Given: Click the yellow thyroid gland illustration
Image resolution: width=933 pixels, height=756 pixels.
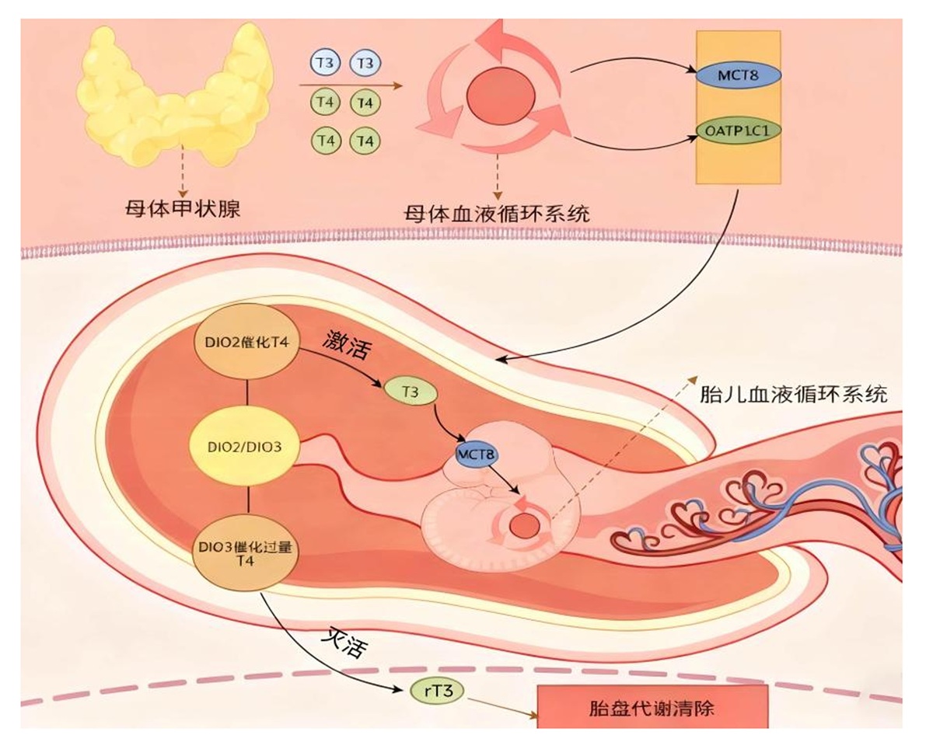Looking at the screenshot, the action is pos(175,101).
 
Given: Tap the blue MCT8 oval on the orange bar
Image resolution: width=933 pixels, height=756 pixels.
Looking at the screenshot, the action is pos(738,75).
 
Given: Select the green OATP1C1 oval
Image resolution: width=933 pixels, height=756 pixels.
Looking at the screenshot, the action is pos(738,131).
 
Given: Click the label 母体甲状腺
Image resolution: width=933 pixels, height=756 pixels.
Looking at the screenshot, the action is pos(183,208).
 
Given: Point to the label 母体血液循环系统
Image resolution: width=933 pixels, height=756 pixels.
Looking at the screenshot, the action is pos(497,214).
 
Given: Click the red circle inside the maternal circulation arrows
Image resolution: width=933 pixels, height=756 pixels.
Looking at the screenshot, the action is pos(501,96).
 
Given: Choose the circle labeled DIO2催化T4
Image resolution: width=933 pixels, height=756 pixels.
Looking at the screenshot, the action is pos(246,343).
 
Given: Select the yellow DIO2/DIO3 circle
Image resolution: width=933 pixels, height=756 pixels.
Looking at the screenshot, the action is pos(244,447).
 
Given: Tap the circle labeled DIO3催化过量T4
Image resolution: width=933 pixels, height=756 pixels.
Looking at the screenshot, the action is pos(245,554).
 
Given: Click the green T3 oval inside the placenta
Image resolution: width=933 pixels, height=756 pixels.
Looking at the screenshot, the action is pos(411,392).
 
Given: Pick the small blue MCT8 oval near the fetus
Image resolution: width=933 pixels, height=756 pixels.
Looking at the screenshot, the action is pos(477,454).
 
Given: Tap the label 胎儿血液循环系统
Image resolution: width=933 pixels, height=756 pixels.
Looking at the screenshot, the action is pos(794,394).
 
